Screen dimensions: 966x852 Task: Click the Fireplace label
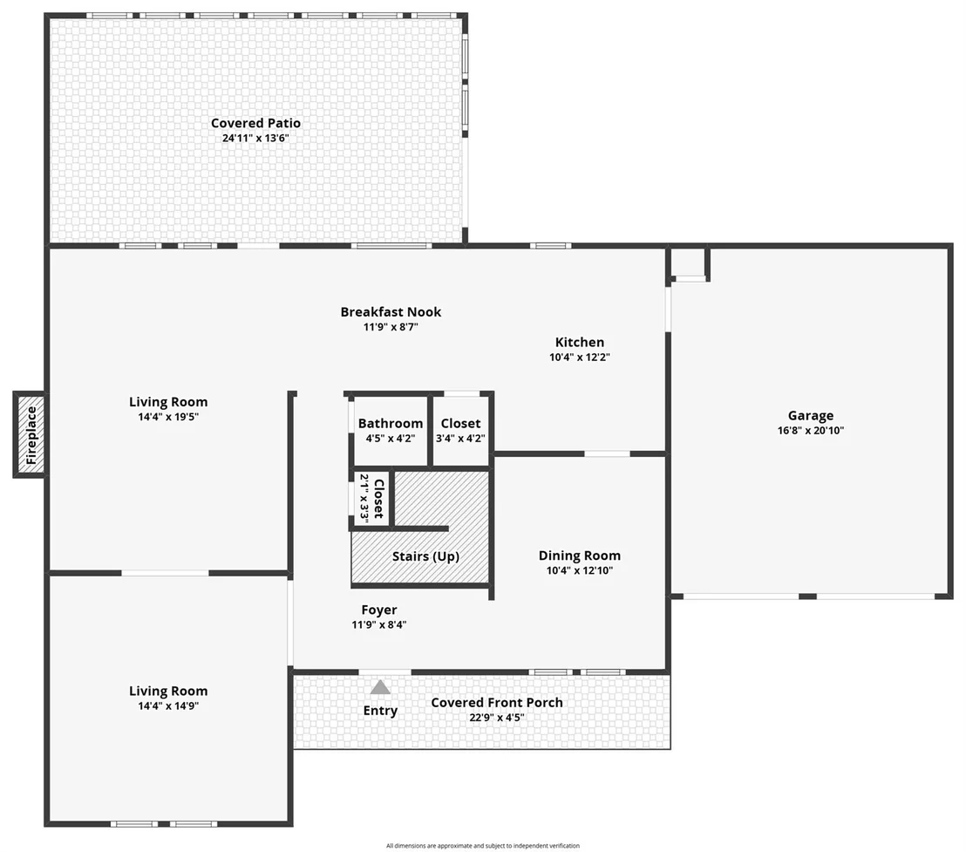coord(31,435)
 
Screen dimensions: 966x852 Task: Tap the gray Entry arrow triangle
coord(380,687)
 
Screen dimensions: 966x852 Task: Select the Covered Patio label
coord(255,123)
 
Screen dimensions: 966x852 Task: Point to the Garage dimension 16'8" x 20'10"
coord(811,431)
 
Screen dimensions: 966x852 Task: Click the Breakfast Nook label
coord(391,311)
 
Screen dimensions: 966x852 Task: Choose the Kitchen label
coord(580,342)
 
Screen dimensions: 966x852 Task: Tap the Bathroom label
coord(391,423)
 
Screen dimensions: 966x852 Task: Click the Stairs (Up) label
coord(425,556)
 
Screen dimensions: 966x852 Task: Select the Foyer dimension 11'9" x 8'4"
coord(379,624)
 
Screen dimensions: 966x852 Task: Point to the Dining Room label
coord(580,556)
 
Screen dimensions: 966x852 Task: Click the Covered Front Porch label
coord(497,702)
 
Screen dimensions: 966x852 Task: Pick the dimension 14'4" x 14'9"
coord(168,706)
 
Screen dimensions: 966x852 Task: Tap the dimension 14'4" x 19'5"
coord(168,417)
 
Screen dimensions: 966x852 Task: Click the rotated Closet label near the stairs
coord(379,499)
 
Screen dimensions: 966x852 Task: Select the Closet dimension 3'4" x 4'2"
coord(461,439)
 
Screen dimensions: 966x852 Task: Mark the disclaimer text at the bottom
coord(483,846)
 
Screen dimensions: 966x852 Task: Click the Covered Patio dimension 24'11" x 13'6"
coord(255,138)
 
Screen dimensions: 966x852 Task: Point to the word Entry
coord(380,711)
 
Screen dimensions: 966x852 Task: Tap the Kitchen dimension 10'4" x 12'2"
coord(580,358)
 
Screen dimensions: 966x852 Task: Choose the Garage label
coord(811,416)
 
